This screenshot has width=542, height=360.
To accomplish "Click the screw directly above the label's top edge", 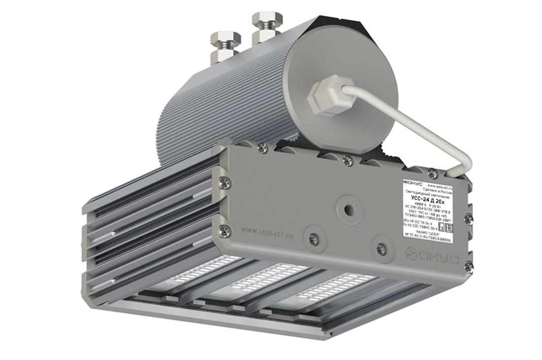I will pos(432,173).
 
